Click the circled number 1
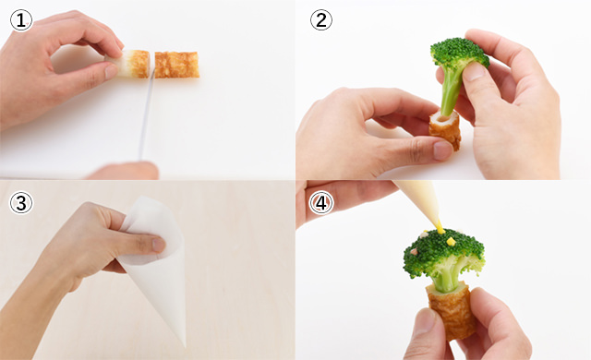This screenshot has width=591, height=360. (x=21, y=20)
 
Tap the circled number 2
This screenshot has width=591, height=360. (x=321, y=20)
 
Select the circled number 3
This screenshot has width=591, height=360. (x=21, y=202)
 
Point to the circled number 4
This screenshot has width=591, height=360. (x=321, y=202)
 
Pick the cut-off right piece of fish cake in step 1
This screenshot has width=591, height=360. (x=176, y=65)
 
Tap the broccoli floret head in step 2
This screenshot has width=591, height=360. (x=460, y=53)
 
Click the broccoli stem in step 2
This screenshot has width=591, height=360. (x=452, y=90)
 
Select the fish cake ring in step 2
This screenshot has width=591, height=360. (x=445, y=129)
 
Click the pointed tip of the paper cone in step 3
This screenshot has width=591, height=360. (x=185, y=345)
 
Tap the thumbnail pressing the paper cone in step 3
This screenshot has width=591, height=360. (x=159, y=245)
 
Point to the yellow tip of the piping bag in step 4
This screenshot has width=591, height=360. (x=440, y=227)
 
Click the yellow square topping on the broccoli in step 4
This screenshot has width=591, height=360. (x=451, y=241)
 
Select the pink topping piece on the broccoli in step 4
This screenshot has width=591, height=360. (x=415, y=251)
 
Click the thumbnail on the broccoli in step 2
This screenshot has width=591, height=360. (x=474, y=71)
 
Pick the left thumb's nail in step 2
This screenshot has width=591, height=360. (x=442, y=150)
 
